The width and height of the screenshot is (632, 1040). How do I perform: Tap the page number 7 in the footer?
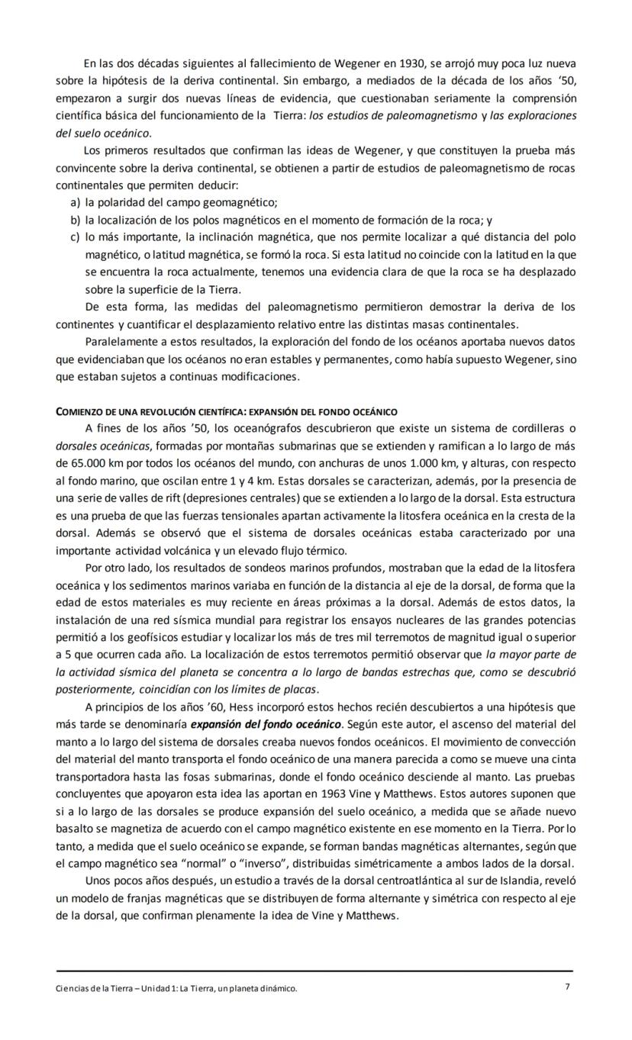(x=567, y=987)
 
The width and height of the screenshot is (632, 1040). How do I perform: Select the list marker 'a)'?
(x=75, y=202)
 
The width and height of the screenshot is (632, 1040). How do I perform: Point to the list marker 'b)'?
(x=75, y=220)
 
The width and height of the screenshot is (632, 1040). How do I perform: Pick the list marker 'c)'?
(x=75, y=237)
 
